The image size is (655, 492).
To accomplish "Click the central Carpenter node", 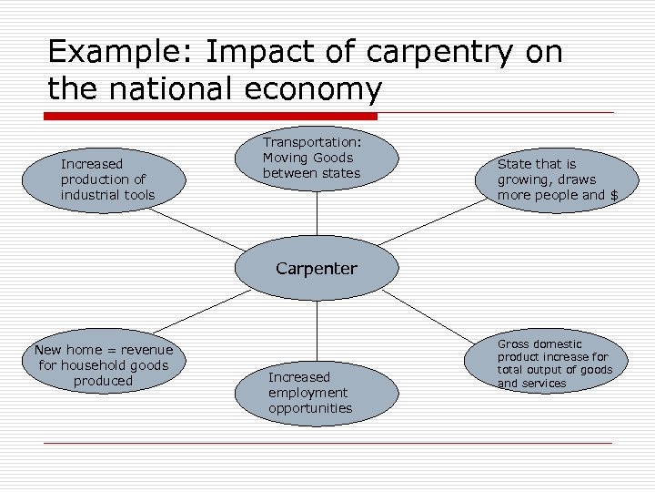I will tap(317, 269).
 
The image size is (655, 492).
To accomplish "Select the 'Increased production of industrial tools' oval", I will tap(108, 179).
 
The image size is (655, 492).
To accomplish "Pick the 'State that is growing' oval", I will tap(556, 179).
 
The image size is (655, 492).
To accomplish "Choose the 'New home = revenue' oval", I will tap(103, 364).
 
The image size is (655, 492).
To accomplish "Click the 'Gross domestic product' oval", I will tap(555, 364).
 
